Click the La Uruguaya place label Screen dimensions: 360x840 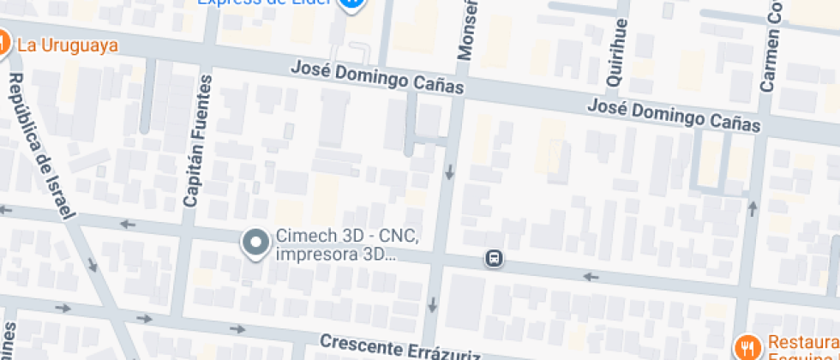tap(67, 45)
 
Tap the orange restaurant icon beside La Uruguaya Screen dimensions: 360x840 tap(3, 42)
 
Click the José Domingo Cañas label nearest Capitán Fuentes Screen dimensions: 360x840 tap(377, 77)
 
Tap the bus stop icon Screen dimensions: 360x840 tap(495, 258)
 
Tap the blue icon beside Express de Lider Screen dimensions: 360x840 tap(351, 3)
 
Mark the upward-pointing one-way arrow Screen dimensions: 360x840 tap(753, 207)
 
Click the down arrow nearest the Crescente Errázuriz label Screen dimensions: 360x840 tap(432, 304)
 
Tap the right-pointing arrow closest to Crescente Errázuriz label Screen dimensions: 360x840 tap(237, 329)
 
